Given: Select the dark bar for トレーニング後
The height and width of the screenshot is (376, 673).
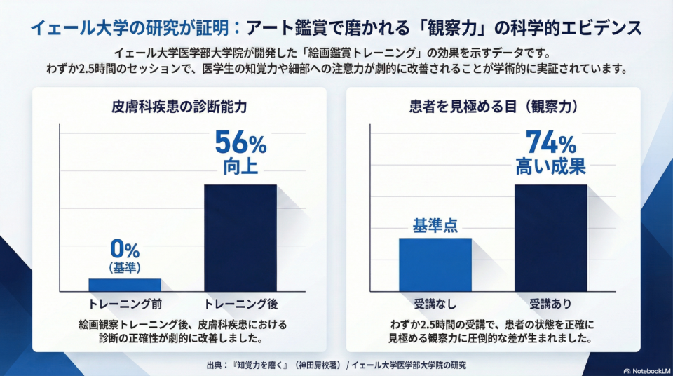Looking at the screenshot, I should coord(240,238).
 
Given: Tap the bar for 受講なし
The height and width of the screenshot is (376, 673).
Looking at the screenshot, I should coord(435,264).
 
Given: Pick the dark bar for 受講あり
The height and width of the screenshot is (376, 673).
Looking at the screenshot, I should coord(550,238).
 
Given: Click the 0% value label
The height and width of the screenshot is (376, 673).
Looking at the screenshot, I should coord(125,249).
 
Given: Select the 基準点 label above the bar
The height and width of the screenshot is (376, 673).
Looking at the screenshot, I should coord(435,226).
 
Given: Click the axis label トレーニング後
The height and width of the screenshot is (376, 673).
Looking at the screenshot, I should coord(241,304).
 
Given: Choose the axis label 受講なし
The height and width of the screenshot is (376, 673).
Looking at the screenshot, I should coord(435,304).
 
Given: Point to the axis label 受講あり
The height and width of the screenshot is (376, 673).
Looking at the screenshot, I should coord(550,304).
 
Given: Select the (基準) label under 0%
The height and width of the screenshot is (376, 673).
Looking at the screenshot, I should coord(125,267).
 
